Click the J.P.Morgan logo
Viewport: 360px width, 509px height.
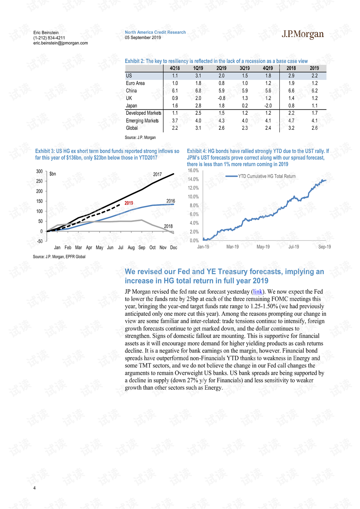303,35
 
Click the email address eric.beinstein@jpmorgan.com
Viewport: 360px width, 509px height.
61,43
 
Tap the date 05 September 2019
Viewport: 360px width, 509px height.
143,38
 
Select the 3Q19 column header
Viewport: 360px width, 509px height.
244,68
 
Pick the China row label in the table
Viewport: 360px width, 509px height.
131,91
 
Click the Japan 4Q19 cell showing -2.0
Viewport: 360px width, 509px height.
268,106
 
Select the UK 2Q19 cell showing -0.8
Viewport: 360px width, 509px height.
222,98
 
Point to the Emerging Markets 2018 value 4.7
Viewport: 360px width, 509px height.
291,121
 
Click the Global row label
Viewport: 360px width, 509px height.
132,128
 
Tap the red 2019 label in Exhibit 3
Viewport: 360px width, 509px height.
129,203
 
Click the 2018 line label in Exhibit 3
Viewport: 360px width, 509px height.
168,226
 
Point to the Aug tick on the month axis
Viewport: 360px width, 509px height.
131,248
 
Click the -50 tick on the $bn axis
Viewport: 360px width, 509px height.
39,241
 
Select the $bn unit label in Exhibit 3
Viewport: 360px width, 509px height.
52,174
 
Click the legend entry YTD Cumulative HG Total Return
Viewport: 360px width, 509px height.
261,176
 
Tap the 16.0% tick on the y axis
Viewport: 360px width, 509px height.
193,170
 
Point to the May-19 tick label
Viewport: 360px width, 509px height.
263,247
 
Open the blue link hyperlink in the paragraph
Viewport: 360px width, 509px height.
258,291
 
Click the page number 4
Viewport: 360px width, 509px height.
34,488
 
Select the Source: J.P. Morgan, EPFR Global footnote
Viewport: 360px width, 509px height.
59,257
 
